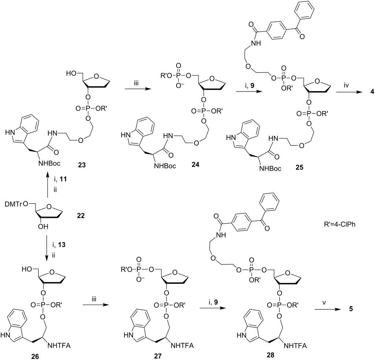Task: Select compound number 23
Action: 82,165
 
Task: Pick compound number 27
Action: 158,356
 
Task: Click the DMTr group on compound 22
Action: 15,204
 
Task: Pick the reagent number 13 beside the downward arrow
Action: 62,245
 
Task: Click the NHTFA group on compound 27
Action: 183,345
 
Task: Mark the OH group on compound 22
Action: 43,226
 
